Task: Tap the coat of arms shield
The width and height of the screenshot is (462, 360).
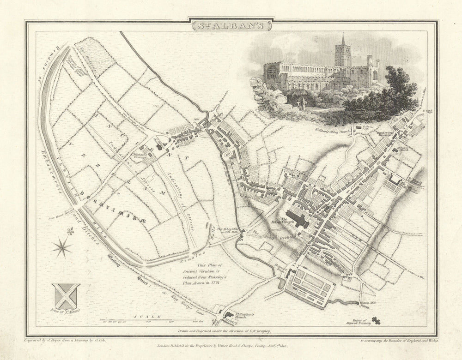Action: pos(66,296)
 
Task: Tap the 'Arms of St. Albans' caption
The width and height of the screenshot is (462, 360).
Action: pos(65,311)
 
